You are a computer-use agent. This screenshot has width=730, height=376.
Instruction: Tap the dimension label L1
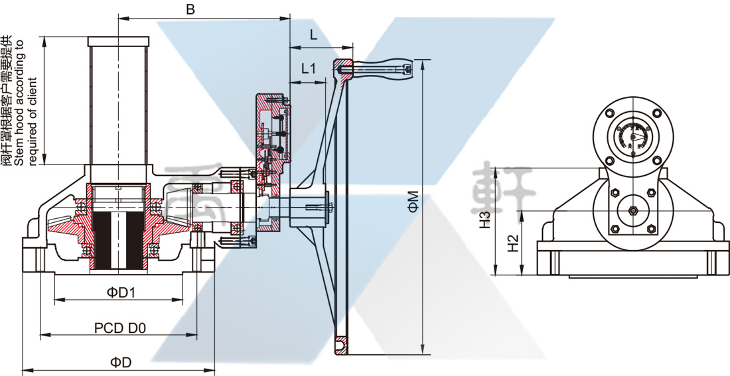tap(309, 68)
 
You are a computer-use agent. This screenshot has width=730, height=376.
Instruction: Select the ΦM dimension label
tap(413, 202)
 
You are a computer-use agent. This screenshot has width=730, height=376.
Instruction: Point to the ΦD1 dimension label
tap(121, 292)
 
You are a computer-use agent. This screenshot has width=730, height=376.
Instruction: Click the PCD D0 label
tap(119, 327)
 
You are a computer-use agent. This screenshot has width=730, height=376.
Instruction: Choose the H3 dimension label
tap(485, 219)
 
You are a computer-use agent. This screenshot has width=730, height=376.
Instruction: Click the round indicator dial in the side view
tap(632, 136)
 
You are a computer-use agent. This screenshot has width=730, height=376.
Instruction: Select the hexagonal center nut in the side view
tap(632, 212)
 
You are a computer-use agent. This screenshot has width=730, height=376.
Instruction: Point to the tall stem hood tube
tap(117, 106)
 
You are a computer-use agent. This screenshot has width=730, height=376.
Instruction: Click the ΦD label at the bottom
tap(121, 362)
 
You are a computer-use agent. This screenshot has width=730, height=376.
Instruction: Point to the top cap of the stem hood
tap(117, 40)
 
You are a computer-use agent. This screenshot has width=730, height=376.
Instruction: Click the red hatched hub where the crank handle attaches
tap(344, 67)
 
